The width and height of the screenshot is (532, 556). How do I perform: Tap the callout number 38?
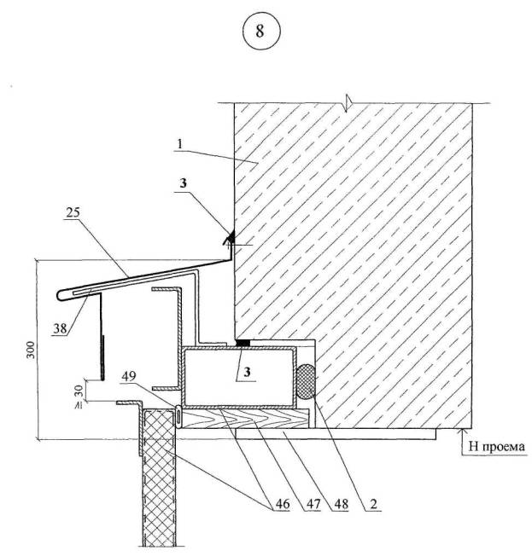pyautogui.click(x=58, y=330)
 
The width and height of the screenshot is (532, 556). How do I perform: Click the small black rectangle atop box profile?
pyautogui.click(x=243, y=342)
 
